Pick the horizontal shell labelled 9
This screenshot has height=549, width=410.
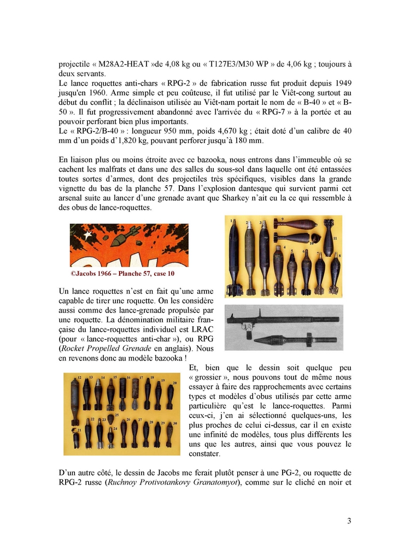point(294,224)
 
